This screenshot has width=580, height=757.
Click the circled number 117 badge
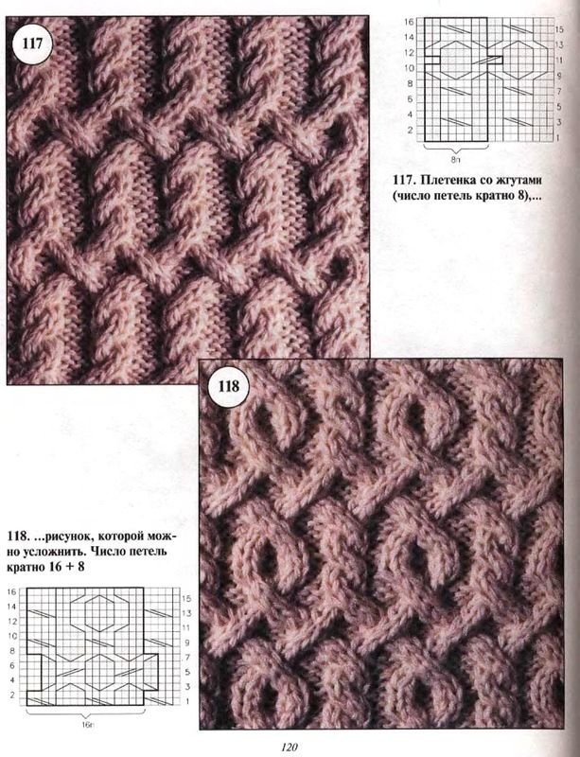point(32,44)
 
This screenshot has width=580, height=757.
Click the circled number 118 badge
point(228,386)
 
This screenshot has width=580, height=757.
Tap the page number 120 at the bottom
point(290,747)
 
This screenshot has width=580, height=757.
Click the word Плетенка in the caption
point(444,181)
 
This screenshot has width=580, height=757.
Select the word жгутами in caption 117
point(516,181)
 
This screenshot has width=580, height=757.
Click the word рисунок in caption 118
point(65,537)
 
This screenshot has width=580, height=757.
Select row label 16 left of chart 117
point(409,22)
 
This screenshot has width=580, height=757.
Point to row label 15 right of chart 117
point(559,29)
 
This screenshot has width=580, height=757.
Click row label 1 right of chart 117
point(558,138)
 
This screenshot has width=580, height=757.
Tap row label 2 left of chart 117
point(410,130)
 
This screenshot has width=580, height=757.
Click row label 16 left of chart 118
point(12,591)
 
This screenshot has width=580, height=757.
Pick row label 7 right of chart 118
point(188,657)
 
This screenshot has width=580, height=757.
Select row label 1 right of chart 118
point(187,701)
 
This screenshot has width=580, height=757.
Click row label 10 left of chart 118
point(12,636)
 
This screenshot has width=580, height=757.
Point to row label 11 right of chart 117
point(559,61)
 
